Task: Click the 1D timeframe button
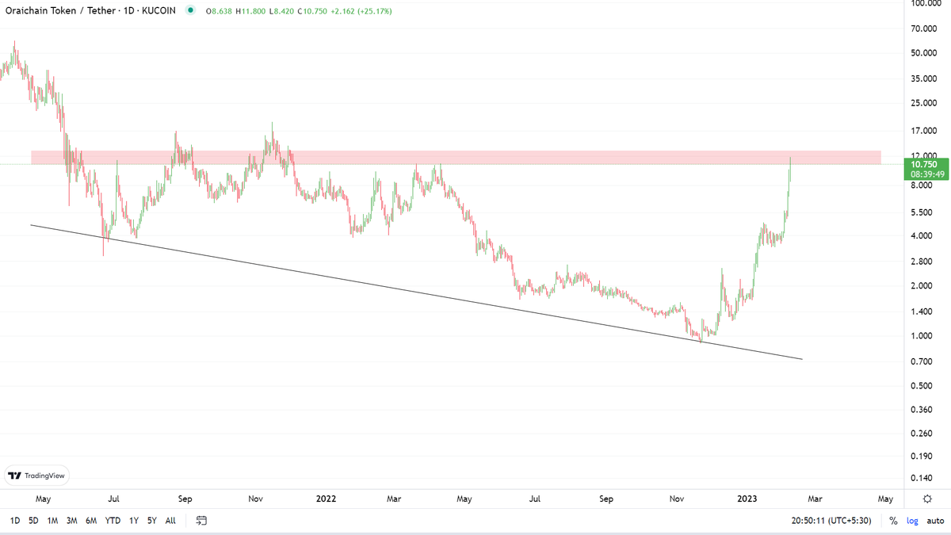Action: pos(15,521)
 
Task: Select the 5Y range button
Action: pos(151,521)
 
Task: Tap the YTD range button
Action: pos(113,521)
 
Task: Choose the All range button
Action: pos(170,521)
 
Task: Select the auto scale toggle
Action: pos(935,521)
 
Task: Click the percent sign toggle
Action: pos(893,521)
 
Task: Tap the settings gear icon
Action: pos(927,499)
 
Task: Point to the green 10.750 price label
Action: pos(925,164)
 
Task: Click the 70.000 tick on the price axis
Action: pos(924,29)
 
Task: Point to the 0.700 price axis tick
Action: pos(921,361)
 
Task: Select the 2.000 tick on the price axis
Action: pos(921,286)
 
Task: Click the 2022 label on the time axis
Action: pos(326,499)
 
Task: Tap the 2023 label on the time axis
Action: pos(747,499)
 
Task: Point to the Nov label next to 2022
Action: pos(255,499)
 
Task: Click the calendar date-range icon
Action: pos(201,521)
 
